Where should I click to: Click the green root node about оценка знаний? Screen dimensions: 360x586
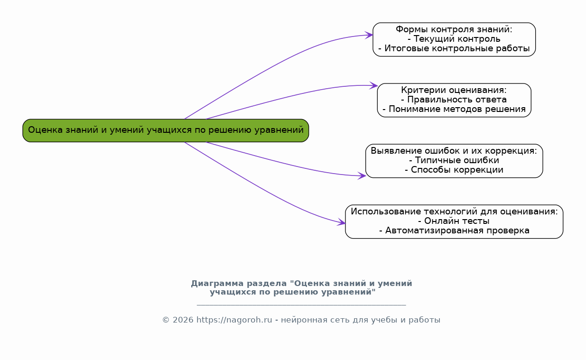[x=166, y=130]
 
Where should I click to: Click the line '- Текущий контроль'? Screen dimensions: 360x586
[x=454, y=39]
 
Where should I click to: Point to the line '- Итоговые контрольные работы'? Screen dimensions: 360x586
[x=454, y=48]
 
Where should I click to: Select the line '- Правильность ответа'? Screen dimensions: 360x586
[x=454, y=100]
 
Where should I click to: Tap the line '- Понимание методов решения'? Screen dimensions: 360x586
[x=454, y=109]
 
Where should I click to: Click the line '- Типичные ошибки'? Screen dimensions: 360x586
[x=454, y=160]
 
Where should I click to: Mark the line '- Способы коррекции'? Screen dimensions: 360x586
[x=454, y=170]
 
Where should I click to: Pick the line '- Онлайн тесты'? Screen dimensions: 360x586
[x=454, y=221]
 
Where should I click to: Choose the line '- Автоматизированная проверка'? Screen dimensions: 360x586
[x=454, y=231]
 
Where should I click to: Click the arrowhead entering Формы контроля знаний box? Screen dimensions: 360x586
[x=369, y=35]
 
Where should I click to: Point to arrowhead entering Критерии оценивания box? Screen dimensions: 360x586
[x=374, y=86]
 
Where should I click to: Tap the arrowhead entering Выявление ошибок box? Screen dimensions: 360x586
[x=362, y=176]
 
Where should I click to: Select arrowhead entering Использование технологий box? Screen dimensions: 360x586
[x=342, y=222]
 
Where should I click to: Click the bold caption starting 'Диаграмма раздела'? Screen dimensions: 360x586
[x=301, y=287]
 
